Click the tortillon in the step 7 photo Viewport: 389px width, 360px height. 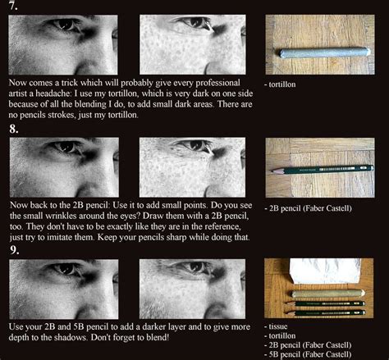323,52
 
